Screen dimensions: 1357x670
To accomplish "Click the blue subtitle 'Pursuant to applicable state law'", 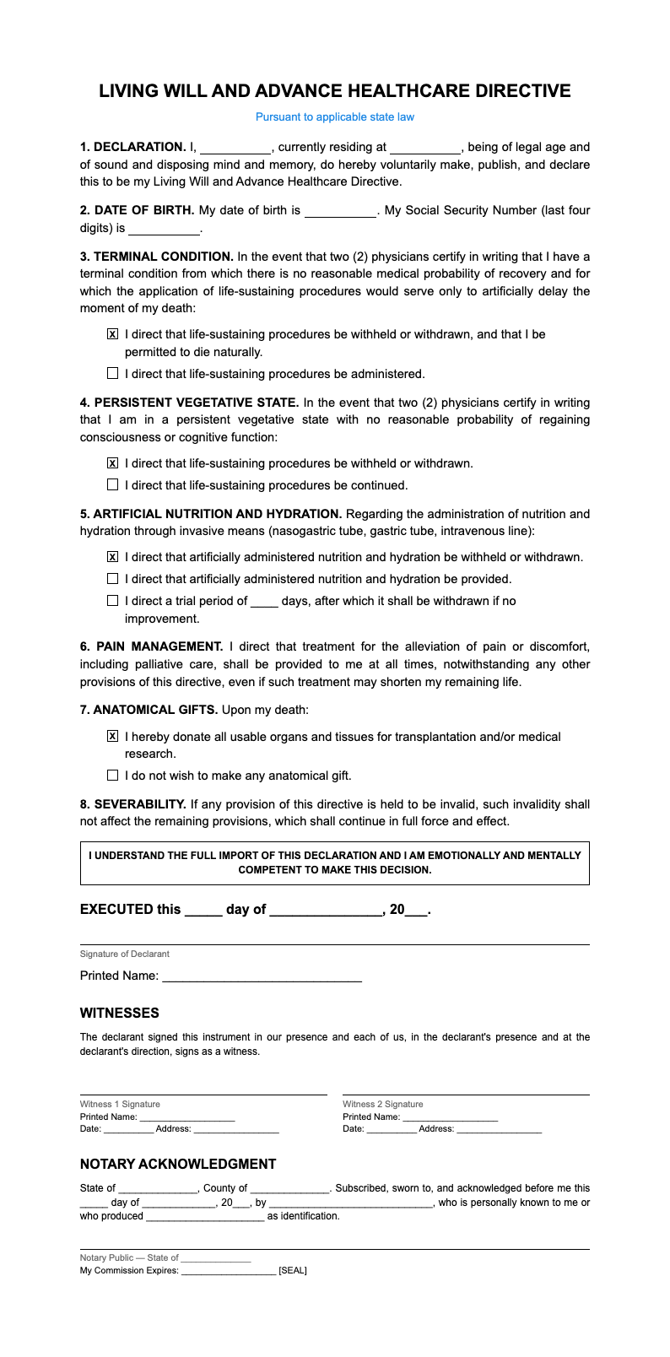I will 335,117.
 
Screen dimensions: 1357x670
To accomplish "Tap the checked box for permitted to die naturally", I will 113,335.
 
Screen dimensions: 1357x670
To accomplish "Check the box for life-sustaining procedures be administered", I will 113,373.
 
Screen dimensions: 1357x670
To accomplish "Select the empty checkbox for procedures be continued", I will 113,485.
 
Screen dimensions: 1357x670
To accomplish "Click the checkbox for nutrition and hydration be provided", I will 113,579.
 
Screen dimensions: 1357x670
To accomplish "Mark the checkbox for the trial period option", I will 113,601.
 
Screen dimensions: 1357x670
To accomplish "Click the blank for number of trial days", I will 264,602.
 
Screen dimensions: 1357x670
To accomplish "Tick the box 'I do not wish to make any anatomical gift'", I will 113,776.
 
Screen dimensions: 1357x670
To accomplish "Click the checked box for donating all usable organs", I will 113,737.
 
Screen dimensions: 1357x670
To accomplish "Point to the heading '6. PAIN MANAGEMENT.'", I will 152,646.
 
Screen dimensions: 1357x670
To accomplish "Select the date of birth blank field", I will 340,211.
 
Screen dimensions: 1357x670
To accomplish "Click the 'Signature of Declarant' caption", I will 125,954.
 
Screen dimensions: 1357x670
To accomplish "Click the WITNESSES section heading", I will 120,1013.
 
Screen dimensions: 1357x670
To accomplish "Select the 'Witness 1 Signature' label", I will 120,1104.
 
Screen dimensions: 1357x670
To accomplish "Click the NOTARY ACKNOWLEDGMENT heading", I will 178,1165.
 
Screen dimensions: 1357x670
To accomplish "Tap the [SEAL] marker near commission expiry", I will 293,1270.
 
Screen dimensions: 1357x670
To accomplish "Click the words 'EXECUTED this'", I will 130,910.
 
